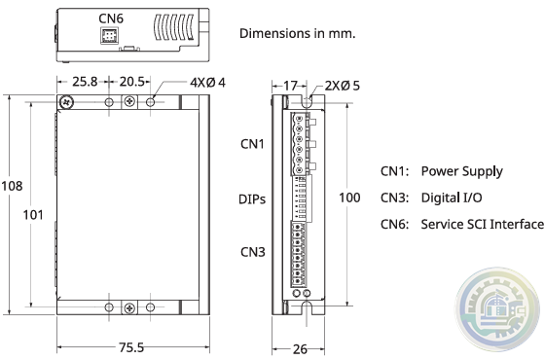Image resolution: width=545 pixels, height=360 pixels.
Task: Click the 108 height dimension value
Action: (x=12, y=186)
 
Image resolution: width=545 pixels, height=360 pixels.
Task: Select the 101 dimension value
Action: (x=33, y=215)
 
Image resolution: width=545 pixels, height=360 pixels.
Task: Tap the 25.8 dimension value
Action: (x=86, y=82)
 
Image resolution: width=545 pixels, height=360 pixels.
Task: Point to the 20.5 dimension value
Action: (x=131, y=82)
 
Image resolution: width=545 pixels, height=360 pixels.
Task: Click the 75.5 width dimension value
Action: (x=131, y=347)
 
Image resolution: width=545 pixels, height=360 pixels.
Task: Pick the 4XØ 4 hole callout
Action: (x=207, y=83)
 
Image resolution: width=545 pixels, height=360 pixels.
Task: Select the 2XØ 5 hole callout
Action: (x=342, y=86)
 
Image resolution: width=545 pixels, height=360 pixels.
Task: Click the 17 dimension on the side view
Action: (x=291, y=86)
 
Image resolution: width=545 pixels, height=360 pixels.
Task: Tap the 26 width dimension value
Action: (x=300, y=349)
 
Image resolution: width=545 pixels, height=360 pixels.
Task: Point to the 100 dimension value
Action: (x=349, y=198)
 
